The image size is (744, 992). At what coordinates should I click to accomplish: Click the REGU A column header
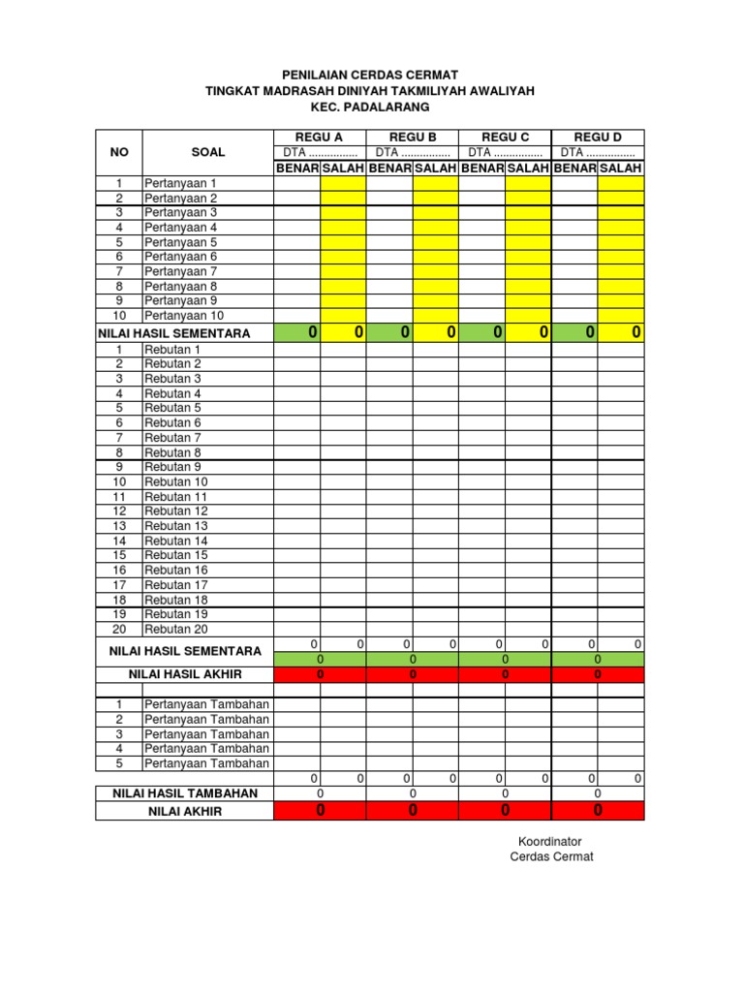[320, 137]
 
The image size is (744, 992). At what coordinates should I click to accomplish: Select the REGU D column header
[598, 137]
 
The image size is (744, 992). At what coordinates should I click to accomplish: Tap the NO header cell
[119, 152]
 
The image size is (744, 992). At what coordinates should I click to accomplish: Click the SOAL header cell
[207, 152]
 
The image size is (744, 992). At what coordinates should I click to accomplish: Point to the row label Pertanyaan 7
[181, 271]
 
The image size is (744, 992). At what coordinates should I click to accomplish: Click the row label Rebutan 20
[176, 629]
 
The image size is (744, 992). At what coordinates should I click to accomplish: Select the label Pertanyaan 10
[184, 316]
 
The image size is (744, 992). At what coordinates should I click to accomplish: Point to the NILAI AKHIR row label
[185, 811]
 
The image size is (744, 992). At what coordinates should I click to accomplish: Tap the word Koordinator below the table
[549, 842]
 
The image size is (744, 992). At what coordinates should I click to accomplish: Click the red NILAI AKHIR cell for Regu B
[413, 811]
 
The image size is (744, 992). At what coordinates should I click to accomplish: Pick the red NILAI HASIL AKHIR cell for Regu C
[505, 674]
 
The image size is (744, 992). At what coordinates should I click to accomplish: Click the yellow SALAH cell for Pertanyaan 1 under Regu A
[343, 183]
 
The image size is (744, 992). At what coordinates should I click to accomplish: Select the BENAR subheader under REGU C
[481, 169]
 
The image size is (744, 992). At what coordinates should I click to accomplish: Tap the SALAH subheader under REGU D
[621, 169]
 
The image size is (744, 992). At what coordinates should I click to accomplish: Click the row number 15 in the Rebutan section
[119, 555]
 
